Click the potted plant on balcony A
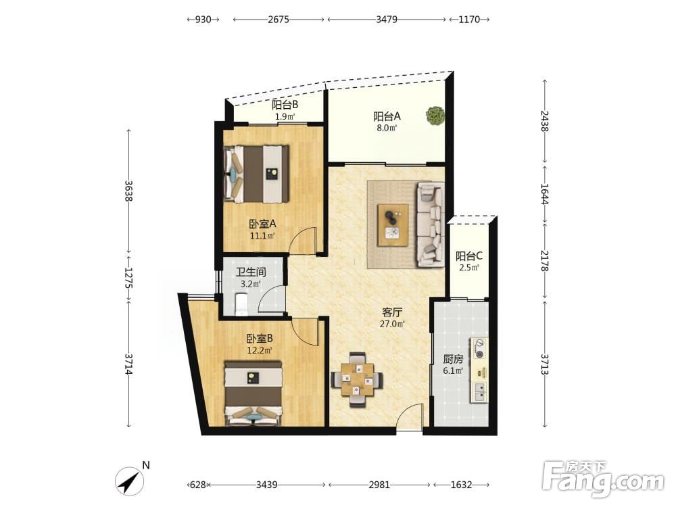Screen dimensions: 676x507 click(435, 116)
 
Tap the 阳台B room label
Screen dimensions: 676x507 click(285, 105)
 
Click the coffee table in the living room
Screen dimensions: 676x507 click(393, 225)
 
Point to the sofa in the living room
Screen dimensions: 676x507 click(430, 224)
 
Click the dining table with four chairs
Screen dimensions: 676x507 click(356, 380)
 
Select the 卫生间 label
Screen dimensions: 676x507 click(251, 272)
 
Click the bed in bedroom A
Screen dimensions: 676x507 click(256, 174)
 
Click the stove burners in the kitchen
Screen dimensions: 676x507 click(479, 349)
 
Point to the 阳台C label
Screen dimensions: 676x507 click(469, 256)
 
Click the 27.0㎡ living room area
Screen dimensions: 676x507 click(392, 324)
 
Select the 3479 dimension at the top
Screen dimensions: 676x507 click(386, 20)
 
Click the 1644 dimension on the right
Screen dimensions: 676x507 click(544, 194)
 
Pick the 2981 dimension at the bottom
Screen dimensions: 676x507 click(379, 485)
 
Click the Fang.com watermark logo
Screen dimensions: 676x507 click(603, 479)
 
